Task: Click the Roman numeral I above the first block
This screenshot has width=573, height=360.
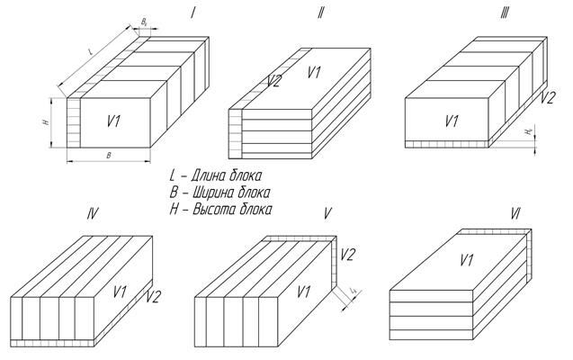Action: coord(192,12)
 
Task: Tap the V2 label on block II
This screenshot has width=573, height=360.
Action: coord(275,82)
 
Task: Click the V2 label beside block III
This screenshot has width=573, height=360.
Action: coord(547,97)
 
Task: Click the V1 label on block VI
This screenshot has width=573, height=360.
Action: coord(467,261)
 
